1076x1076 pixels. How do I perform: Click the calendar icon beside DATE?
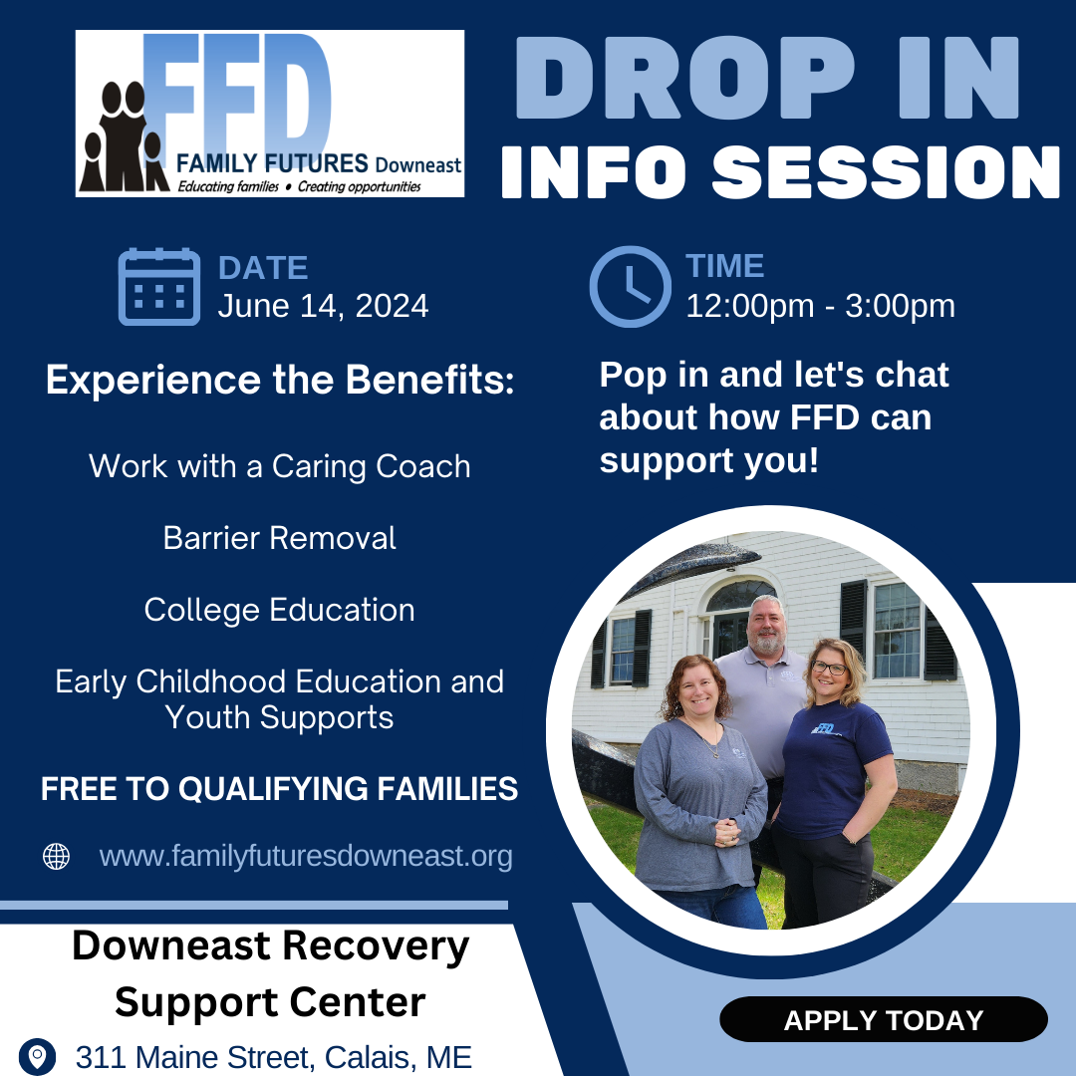[159, 286]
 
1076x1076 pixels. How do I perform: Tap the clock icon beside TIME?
[630, 286]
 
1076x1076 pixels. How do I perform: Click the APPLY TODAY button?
[883, 1020]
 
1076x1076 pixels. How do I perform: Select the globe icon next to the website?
[56, 857]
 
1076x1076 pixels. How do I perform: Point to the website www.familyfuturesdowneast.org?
[306, 857]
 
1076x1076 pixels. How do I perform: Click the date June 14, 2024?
[323, 306]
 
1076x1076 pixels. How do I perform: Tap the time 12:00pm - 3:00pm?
[820, 306]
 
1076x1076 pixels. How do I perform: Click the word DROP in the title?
[684, 78]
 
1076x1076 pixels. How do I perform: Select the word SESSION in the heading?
[886, 171]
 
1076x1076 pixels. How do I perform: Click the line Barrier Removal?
[279, 538]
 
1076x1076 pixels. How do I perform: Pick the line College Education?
[279, 610]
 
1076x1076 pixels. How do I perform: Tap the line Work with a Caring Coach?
[279, 466]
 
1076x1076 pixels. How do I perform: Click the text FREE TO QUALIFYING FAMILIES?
[279, 788]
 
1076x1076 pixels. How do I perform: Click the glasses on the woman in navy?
[829, 667]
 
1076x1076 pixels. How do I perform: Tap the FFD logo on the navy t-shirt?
[824, 728]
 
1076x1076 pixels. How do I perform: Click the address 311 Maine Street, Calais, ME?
[274, 1057]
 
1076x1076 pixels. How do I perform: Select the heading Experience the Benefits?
[280, 380]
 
